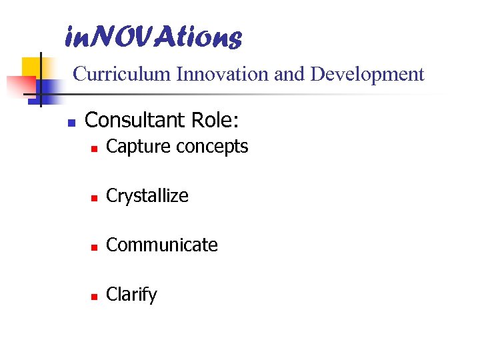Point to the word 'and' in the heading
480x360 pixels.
coord(289,74)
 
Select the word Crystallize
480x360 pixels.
coord(147,197)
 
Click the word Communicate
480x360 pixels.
coord(162,245)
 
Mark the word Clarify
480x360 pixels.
coord(131,295)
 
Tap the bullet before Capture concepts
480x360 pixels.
coord(95,149)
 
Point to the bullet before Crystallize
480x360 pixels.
coord(95,198)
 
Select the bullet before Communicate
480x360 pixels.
coord(95,247)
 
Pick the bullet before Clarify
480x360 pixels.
coord(95,297)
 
